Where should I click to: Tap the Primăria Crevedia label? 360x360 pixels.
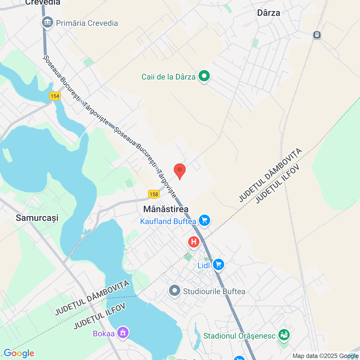(x=87, y=23)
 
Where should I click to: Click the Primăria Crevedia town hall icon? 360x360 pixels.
(x=48, y=22)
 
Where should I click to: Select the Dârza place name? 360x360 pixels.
(x=269, y=13)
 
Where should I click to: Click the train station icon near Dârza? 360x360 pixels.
(x=317, y=35)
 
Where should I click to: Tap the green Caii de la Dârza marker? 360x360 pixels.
(x=204, y=76)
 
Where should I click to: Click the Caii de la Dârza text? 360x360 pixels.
(x=168, y=77)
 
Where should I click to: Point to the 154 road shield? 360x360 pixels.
(x=55, y=96)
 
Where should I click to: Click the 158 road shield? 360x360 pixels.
(x=154, y=194)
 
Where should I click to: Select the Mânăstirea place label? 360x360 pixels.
(x=166, y=209)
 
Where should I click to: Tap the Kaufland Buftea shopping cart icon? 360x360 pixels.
(x=204, y=220)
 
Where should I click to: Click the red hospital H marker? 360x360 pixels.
(x=194, y=242)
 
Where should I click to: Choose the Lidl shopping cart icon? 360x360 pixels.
(x=219, y=265)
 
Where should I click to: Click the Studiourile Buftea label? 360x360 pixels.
(x=214, y=291)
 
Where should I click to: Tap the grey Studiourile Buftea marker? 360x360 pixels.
(x=175, y=291)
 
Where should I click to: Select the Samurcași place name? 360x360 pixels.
(x=37, y=218)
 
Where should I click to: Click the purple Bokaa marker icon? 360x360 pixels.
(x=123, y=333)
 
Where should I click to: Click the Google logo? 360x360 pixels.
(x=19, y=353)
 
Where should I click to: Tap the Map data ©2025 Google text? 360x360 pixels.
(x=325, y=356)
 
